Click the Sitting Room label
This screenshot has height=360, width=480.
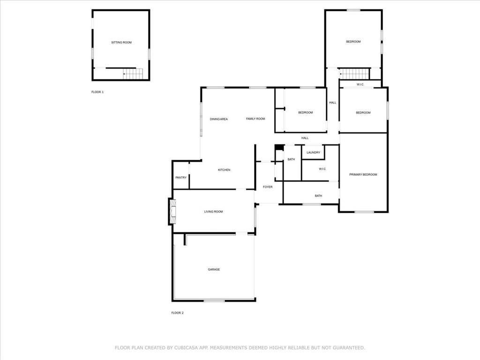[x=121, y=43]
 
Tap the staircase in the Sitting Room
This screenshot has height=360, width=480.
[x=133, y=74]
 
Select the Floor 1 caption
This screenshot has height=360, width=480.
[x=97, y=92]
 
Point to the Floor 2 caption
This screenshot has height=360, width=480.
[x=177, y=313]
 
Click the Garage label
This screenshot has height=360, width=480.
[x=214, y=270]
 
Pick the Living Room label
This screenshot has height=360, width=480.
[x=213, y=212]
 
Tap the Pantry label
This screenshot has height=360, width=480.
[x=181, y=178]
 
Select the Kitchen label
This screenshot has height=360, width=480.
[x=224, y=170]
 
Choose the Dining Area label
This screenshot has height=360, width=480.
[x=219, y=120]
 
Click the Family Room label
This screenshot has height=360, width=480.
[x=255, y=119]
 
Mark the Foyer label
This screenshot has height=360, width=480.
[x=268, y=187]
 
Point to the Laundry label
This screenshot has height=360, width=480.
[x=313, y=152]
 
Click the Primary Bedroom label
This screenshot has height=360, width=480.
[x=363, y=175]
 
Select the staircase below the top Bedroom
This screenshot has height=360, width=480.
[x=355, y=74]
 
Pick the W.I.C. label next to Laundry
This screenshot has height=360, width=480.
[x=322, y=169]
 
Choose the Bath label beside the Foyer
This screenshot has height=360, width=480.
[x=291, y=160]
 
